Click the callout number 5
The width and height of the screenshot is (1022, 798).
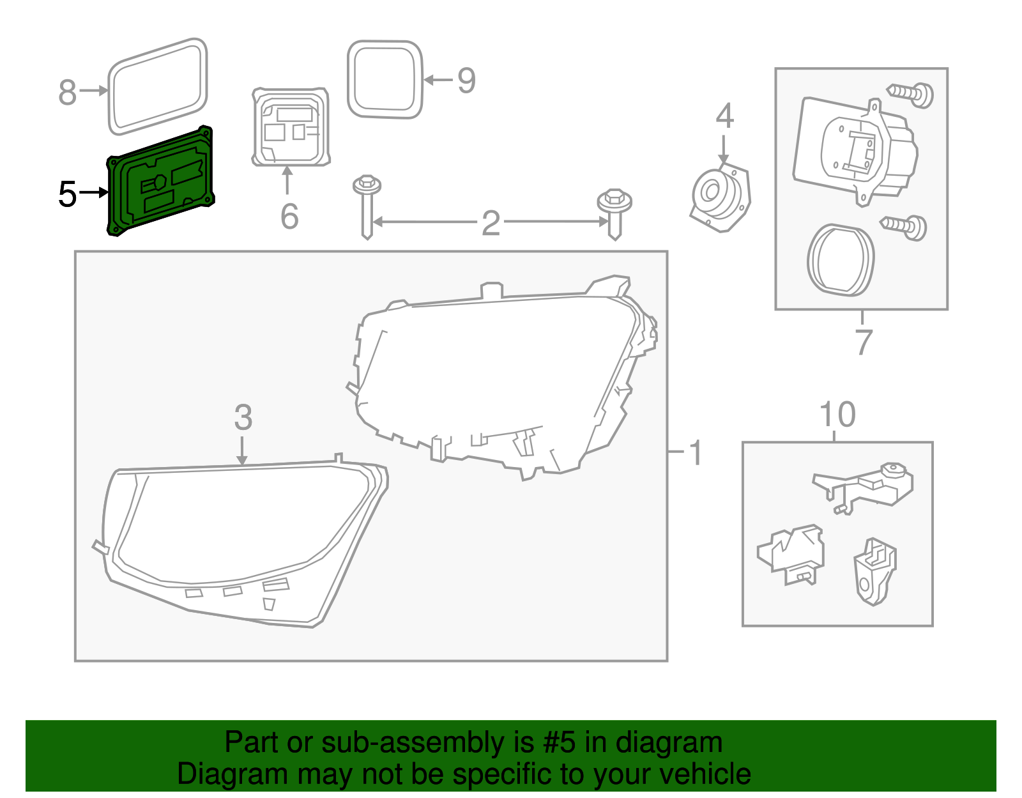[x=67, y=194]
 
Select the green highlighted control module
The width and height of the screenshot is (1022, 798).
[x=161, y=181]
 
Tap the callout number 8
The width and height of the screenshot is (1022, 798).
[x=67, y=92]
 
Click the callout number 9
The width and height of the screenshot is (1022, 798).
[x=466, y=81]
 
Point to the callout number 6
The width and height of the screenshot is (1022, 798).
[x=289, y=216]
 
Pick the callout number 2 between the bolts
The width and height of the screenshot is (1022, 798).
[x=491, y=222]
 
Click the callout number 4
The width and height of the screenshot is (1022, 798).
[x=724, y=116]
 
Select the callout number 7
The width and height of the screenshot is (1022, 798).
[x=863, y=342]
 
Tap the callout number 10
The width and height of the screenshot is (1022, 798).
[x=837, y=415]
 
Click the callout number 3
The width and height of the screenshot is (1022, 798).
[x=243, y=418]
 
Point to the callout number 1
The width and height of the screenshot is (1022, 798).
[x=696, y=453]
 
